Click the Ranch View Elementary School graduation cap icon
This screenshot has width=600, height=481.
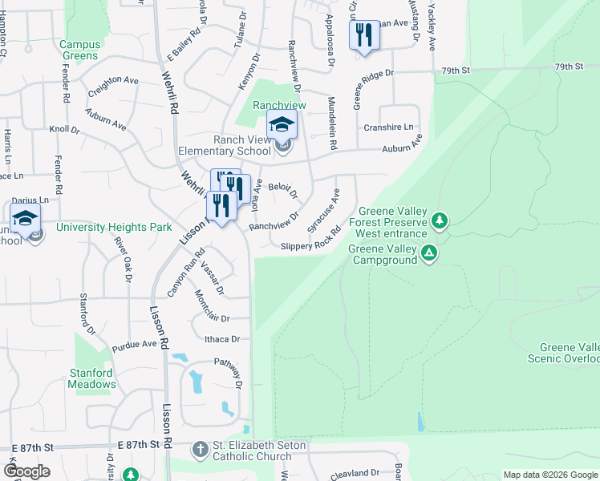click(x=282, y=125)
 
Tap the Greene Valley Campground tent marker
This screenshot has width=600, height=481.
click(x=430, y=253)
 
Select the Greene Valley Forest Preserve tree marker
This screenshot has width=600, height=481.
click(x=439, y=219)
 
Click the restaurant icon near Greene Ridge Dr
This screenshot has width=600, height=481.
click(x=364, y=35)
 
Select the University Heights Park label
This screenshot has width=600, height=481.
click(x=114, y=227)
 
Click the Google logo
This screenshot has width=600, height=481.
click(x=26, y=471)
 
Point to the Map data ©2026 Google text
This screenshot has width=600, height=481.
click(x=549, y=475)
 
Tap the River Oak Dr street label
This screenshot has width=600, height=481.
click(x=124, y=259)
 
